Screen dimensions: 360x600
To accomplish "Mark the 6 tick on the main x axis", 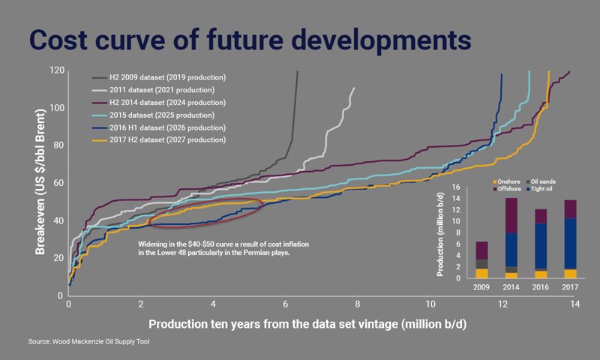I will pyautogui.click(x=285, y=306).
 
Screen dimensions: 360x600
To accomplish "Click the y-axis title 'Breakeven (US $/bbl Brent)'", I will pyautogui.click(x=40, y=182).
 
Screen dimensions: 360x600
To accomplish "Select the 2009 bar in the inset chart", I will pyautogui.click(x=483, y=259).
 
